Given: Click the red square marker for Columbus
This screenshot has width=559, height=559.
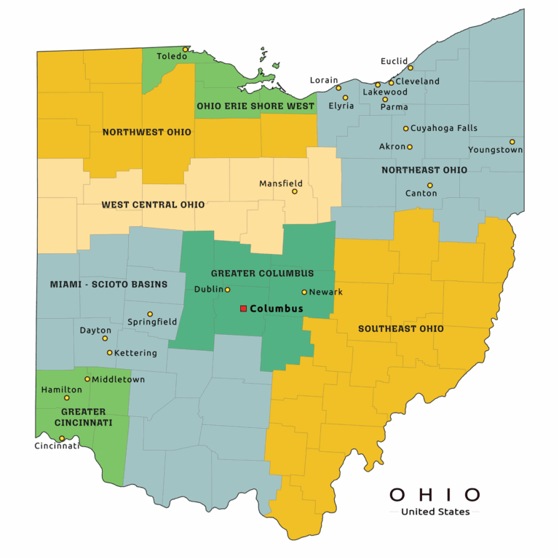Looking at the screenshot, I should pyautogui.click(x=243, y=309).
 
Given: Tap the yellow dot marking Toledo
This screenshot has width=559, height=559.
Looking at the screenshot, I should pyautogui.click(x=185, y=49).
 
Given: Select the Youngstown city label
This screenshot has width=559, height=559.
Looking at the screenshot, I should pyautogui.click(x=496, y=150).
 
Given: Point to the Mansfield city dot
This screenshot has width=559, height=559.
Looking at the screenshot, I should pyautogui.click(x=295, y=191).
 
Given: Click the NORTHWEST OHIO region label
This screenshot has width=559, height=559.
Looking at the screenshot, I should pyautogui.click(x=147, y=132).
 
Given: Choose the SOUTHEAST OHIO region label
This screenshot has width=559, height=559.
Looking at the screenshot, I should pyautogui.click(x=401, y=329).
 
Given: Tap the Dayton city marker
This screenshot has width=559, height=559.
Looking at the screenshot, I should pyautogui.click(x=105, y=338).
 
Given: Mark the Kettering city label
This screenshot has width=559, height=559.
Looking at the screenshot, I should pyautogui.click(x=136, y=353).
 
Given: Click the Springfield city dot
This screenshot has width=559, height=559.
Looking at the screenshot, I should pyautogui.click(x=150, y=314).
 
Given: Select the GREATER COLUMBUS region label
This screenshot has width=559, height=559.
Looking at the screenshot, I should pyautogui.click(x=263, y=274).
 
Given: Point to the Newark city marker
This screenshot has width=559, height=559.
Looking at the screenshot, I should pyautogui.click(x=304, y=292).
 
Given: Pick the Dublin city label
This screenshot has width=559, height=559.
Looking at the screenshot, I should pyautogui.click(x=208, y=290).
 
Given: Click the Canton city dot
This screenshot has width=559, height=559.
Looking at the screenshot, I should pyautogui.click(x=430, y=186).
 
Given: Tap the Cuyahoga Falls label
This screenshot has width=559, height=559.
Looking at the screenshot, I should pyautogui.click(x=444, y=128).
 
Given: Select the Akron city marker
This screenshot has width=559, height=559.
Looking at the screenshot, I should pyautogui.click(x=410, y=147).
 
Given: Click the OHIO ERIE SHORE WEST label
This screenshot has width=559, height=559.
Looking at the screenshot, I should pyautogui.click(x=255, y=106).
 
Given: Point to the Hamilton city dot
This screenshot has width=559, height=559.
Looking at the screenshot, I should pyautogui.click(x=67, y=398).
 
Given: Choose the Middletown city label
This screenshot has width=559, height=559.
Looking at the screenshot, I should pyautogui.click(x=118, y=379).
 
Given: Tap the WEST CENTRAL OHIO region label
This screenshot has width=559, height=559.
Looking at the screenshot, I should pyautogui.click(x=153, y=205).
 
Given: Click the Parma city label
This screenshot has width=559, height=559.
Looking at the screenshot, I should pyautogui.click(x=395, y=107).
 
